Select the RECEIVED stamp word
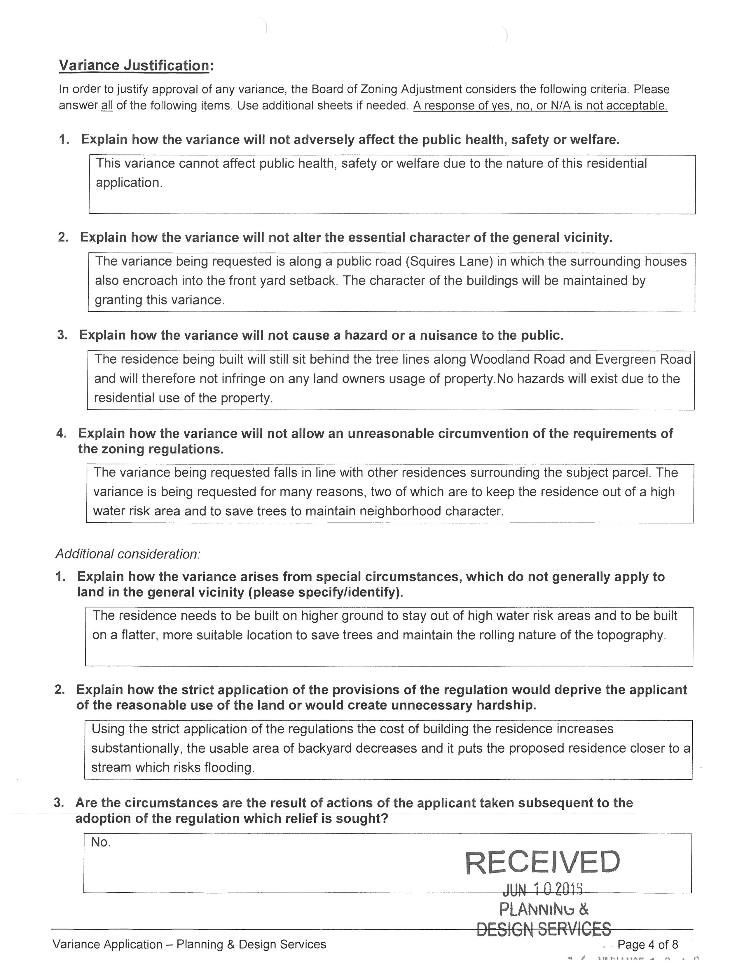pos(542,863)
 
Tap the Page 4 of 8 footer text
pos(647,944)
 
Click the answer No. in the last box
pos(100,842)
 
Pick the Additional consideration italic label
pos(128,554)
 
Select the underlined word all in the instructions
pos(107,106)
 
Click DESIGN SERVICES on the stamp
pos(544,929)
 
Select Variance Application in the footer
pos(108,944)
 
